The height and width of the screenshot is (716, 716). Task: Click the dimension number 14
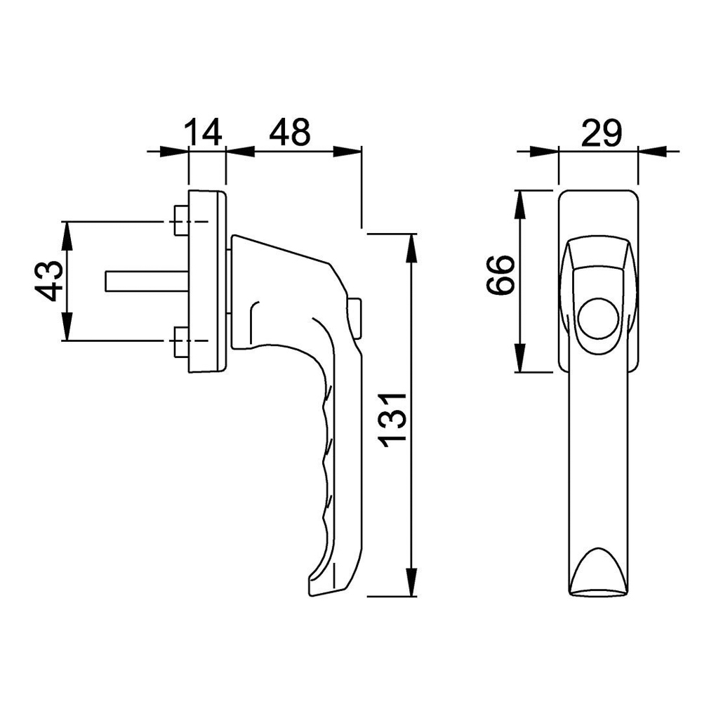(x=203, y=132)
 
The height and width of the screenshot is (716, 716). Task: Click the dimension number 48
(x=289, y=132)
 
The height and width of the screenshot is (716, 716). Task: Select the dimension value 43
(x=49, y=281)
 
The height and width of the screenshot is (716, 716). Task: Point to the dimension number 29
(x=602, y=133)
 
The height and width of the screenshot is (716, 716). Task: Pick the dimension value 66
(x=500, y=274)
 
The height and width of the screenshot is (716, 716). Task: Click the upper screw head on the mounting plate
(x=181, y=221)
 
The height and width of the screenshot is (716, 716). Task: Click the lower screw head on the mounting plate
(x=181, y=341)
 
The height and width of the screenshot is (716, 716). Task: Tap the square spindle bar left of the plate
(x=147, y=281)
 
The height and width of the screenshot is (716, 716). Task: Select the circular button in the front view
(x=599, y=319)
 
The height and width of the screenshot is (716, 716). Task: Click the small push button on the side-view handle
(x=356, y=318)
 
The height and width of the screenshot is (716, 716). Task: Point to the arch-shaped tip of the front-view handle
(x=599, y=571)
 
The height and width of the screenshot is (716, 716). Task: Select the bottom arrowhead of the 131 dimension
(x=412, y=582)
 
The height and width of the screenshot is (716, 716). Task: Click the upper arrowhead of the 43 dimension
(x=67, y=236)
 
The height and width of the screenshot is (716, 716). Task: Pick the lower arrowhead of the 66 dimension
(x=519, y=358)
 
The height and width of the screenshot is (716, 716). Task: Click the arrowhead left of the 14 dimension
(x=174, y=152)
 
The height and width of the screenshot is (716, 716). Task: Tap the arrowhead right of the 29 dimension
(x=653, y=151)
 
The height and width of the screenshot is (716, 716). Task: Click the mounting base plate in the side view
(x=207, y=281)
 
